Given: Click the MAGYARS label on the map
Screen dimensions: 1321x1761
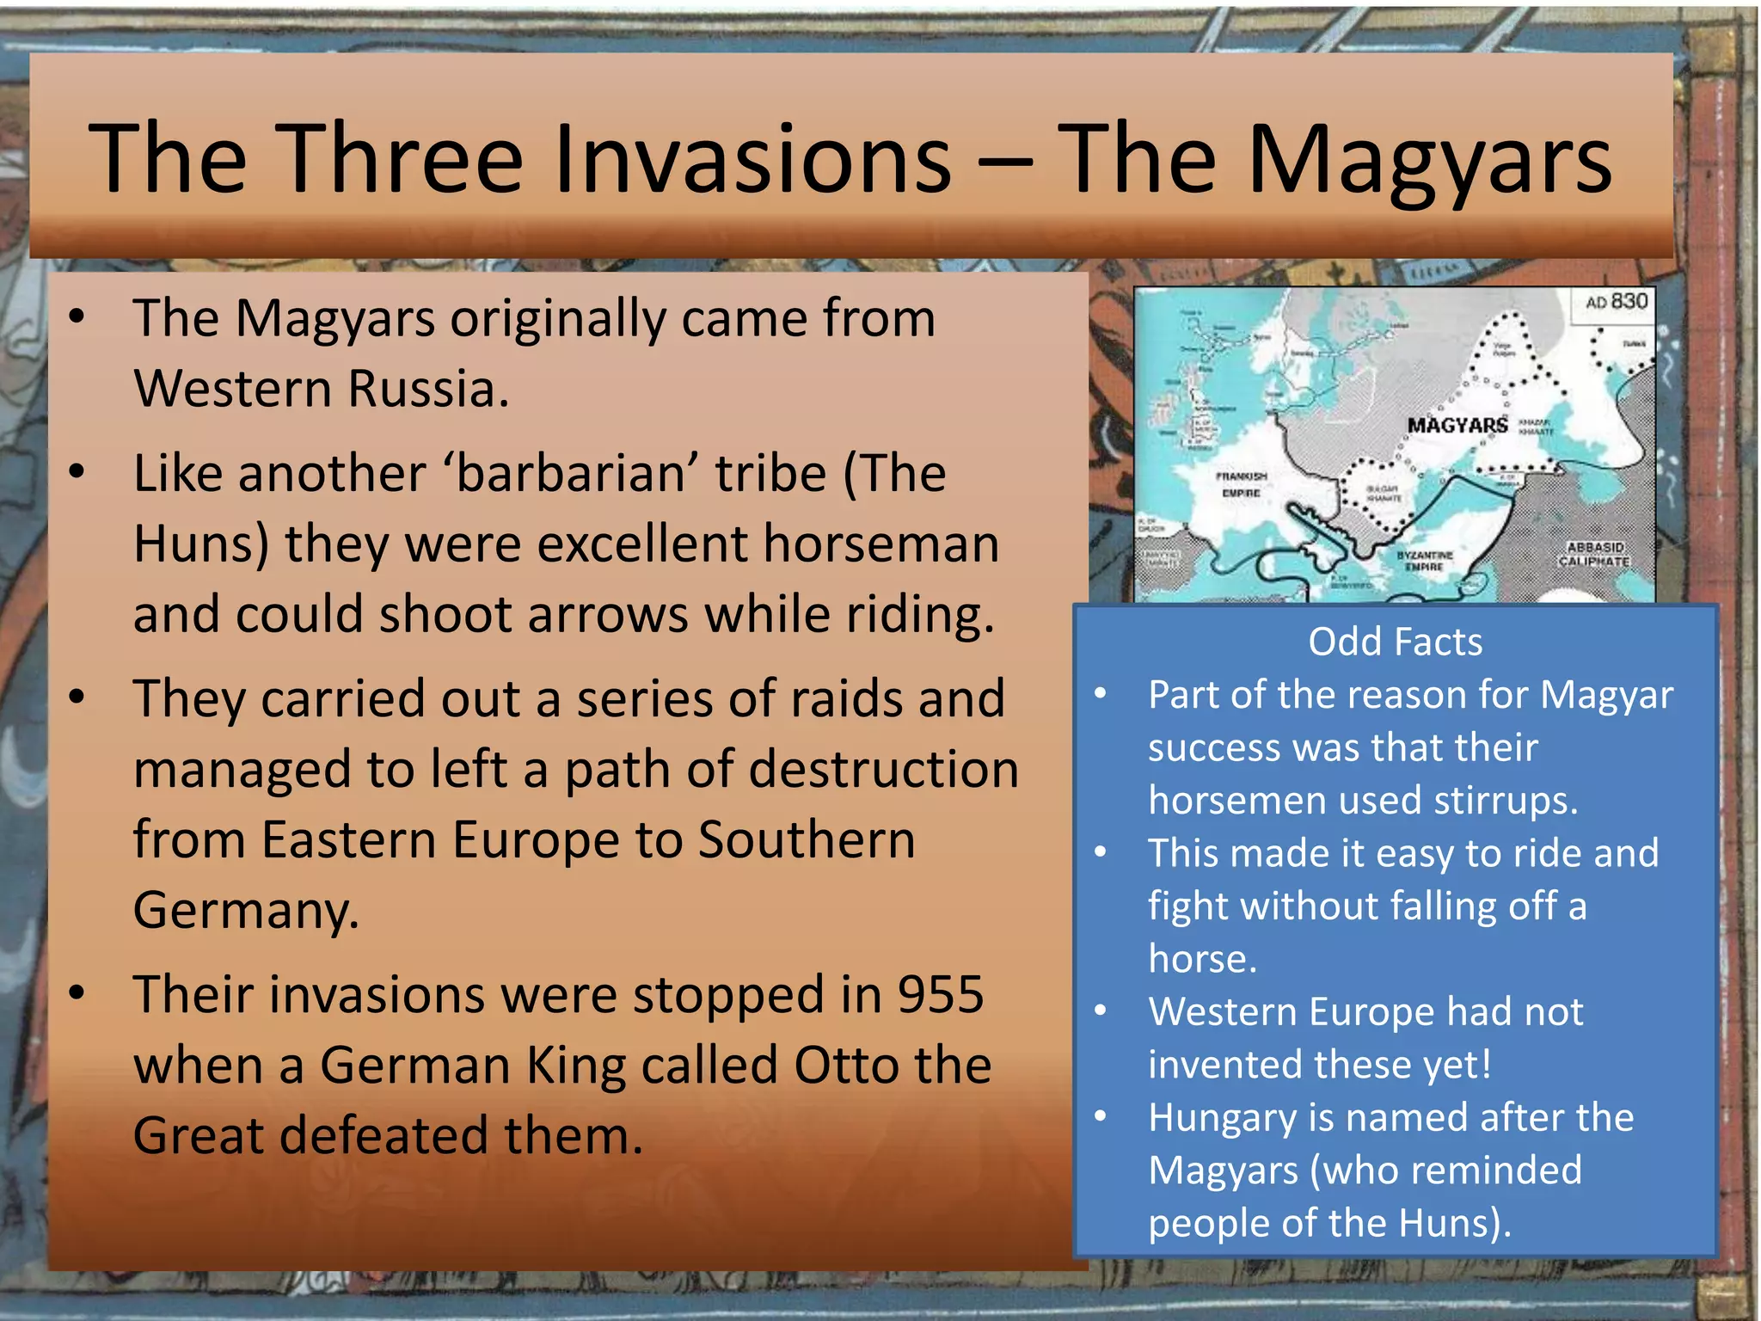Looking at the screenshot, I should click(x=1457, y=426).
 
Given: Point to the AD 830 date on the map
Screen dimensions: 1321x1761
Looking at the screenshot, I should click(x=1616, y=302).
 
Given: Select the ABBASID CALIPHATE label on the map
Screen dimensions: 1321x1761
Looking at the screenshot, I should click(x=1595, y=554).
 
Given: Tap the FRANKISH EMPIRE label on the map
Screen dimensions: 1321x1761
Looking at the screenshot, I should click(x=1241, y=484).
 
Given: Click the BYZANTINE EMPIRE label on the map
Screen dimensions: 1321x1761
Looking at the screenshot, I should click(x=1425, y=561).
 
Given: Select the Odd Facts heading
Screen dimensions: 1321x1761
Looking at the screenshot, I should click(x=1395, y=642).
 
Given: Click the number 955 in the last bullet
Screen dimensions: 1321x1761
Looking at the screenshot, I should click(x=941, y=995).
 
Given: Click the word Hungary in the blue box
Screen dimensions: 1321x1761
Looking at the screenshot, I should click(x=1223, y=1118).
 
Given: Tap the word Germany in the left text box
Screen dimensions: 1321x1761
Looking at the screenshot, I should click(x=246, y=910).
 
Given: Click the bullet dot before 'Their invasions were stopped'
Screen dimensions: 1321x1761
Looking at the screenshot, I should click(x=77, y=993).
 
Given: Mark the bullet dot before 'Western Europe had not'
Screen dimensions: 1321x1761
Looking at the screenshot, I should click(x=1100, y=1011).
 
